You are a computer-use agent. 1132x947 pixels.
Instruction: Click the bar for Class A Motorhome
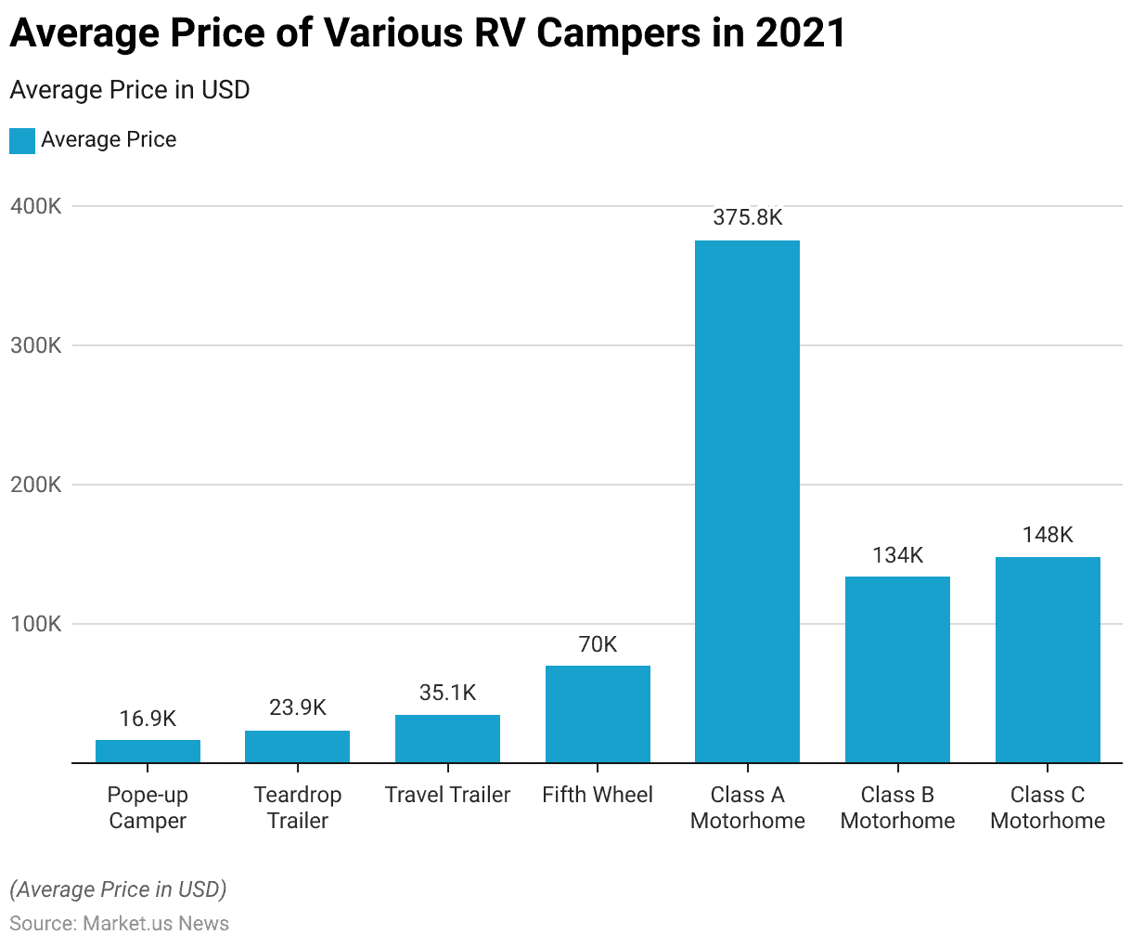(747, 501)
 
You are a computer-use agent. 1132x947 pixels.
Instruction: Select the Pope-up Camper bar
(148, 751)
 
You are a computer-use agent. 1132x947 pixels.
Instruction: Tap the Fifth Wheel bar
(598, 714)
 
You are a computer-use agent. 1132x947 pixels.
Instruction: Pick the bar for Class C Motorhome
(1048, 659)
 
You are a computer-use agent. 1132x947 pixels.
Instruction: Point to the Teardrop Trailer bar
(297, 746)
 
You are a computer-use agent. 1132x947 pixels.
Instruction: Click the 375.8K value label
(747, 217)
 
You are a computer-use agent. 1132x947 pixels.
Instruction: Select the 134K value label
(897, 555)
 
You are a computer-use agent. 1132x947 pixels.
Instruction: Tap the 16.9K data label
(148, 719)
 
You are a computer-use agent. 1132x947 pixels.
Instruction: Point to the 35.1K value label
(447, 693)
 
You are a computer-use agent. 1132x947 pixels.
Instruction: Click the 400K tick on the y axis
(35, 206)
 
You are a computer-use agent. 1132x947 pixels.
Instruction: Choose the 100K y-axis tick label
(35, 624)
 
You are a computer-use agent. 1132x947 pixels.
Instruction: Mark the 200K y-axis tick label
(35, 485)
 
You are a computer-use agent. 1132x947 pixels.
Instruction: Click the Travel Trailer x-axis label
(447, 795)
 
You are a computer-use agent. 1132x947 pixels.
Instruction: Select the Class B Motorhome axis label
(897, 808)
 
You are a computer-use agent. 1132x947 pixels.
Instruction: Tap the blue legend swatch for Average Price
(22, 140)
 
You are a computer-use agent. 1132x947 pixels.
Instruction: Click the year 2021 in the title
(800, 34)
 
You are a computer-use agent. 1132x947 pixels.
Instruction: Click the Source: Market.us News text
(119, 923)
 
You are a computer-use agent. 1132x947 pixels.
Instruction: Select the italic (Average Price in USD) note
(118, 889)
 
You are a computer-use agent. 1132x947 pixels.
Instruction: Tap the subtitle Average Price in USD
(129, 90)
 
